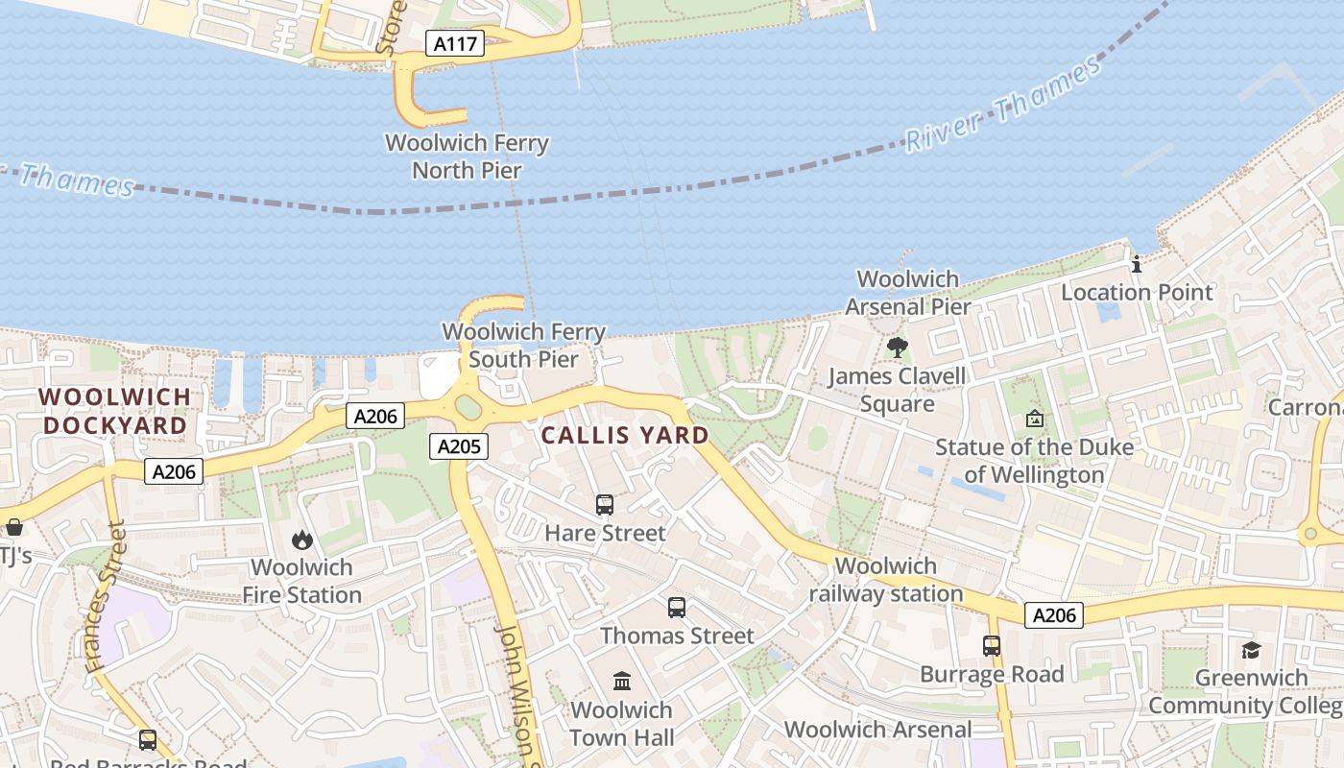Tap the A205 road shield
click(x=458, y=445)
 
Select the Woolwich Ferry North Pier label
click(x=467, y=156)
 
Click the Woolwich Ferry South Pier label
click(x=523, y=346)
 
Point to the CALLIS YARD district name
click(x=625, y=435)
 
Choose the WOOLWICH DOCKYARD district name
click(x=114, y=411)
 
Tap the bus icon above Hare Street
click(x=605, y=504)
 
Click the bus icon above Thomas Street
click(x=677, y=607)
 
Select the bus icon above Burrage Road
click(x=992, y=646)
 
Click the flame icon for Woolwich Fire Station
click(x=302, y=540)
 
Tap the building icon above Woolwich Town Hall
click(x=622, y=682)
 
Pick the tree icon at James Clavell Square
click(x=897, y=347)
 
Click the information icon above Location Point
click(x=1137, y=264)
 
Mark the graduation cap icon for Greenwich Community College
click(x=1250, y=650)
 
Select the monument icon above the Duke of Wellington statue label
click(x=1034, y=419)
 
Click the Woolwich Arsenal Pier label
click(x=907, y=293)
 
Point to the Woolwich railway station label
click(x=885, y=580)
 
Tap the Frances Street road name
click(x=105, y=596)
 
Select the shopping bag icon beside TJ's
click(x=14, y=527)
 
